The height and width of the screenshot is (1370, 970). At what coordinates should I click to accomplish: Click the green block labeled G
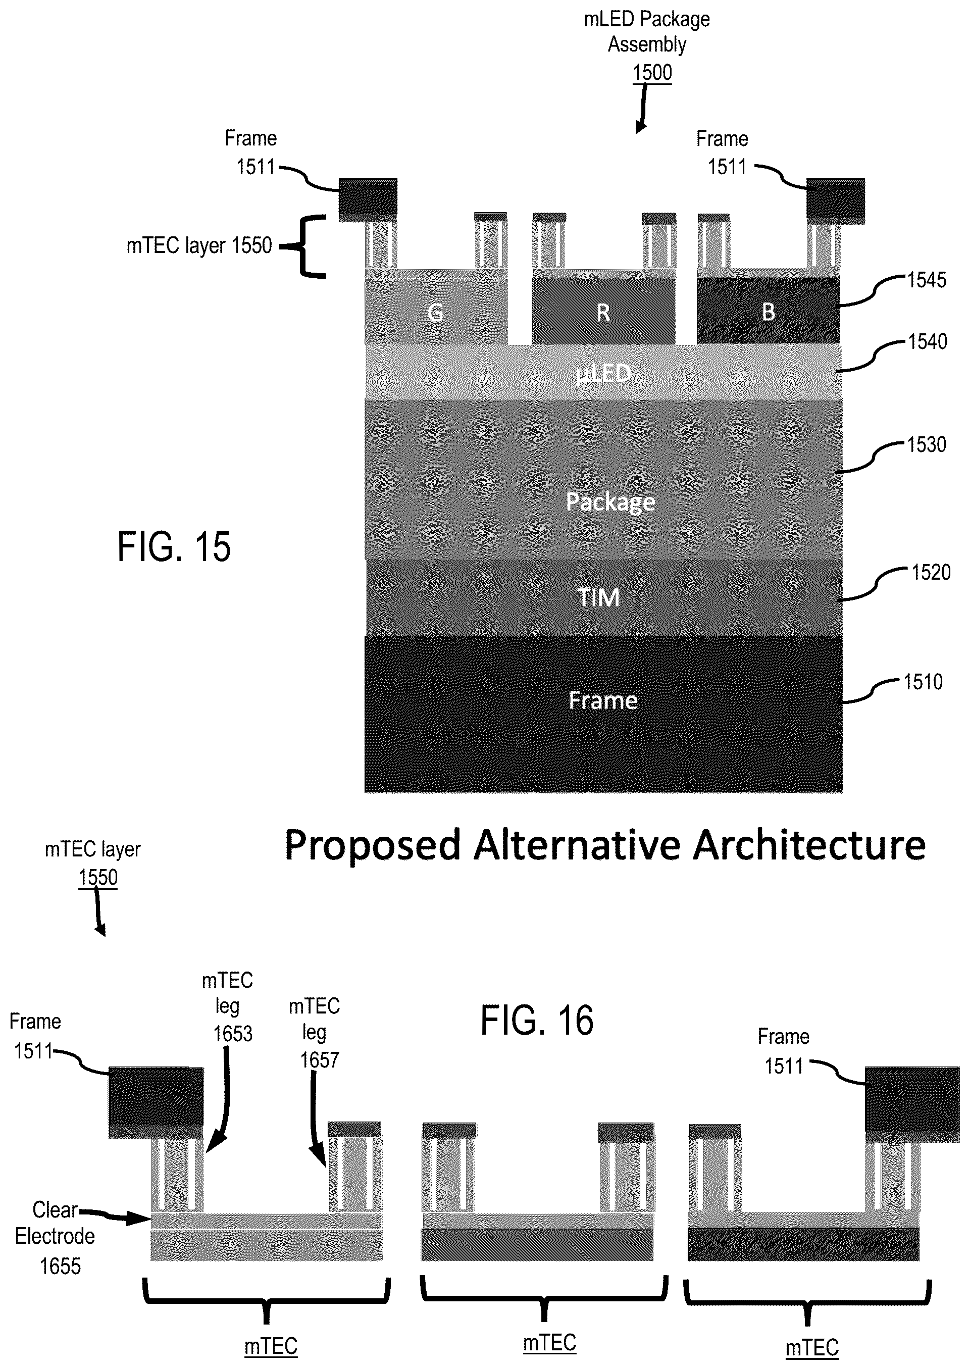pos(436,311)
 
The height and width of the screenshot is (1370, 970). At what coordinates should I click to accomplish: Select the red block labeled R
pos(603,311)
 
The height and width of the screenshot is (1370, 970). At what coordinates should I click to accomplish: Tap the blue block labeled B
pos(768,311)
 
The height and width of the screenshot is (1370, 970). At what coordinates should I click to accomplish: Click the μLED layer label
pos(603,374)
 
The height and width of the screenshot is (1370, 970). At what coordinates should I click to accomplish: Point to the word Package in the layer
pos(610,501)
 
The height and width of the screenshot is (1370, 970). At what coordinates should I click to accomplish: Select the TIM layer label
pos(598,597)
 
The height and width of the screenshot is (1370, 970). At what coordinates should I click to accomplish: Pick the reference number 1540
pos(928,341)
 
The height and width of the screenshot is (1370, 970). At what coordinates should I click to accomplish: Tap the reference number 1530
pos(927,444)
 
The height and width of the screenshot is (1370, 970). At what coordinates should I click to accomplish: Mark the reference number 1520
pos(931,572)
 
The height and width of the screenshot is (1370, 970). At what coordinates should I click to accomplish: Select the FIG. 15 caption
pos(174,546)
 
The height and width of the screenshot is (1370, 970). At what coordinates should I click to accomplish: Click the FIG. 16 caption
pos(537,1020)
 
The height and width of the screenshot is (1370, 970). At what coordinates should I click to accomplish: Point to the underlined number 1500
pos(652,72)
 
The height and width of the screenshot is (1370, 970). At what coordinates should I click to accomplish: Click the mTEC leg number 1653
pos(233,1034)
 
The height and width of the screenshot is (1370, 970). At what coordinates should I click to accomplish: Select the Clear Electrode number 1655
pos(60,1266)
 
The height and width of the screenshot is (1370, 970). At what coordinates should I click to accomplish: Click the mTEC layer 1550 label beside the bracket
pos(199,245)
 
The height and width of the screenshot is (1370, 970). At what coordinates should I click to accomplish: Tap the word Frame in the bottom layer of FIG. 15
pos(603,700)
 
